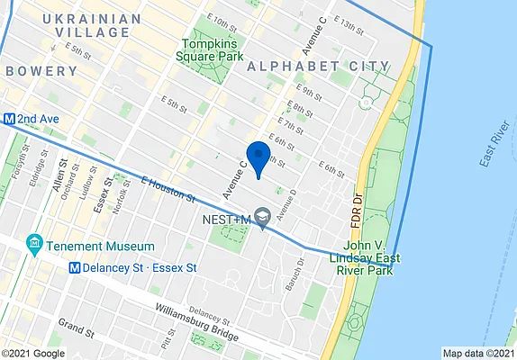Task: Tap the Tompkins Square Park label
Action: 213,50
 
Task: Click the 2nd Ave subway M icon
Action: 8,118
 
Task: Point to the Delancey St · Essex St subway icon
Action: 77,267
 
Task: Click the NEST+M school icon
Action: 263,216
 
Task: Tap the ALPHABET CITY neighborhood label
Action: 318,67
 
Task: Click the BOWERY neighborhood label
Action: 42,71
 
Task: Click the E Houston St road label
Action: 168,188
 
